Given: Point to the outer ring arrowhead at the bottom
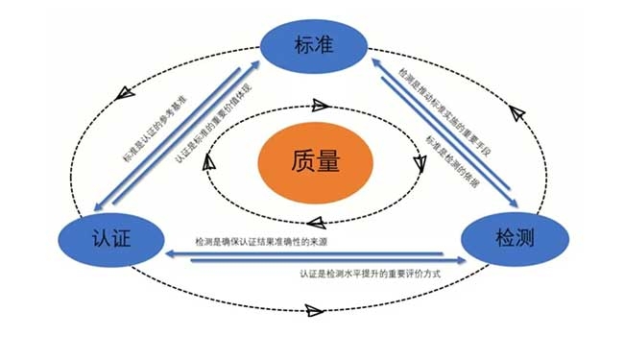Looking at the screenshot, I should tap(311, 310).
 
